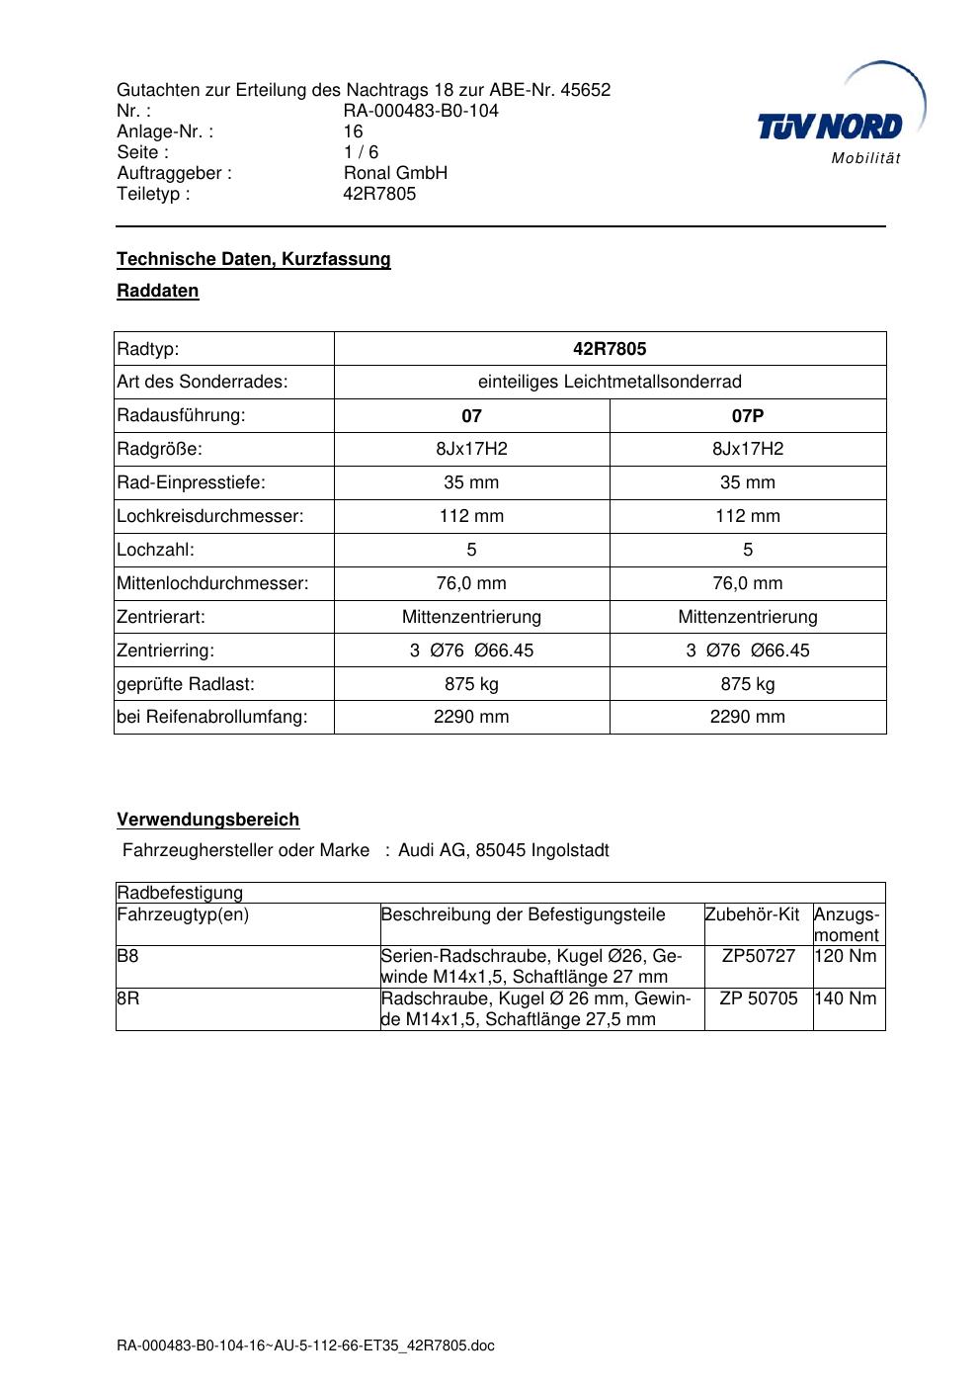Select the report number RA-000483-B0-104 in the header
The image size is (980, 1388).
click(421, 111)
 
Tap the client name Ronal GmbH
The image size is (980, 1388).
click(395, 173)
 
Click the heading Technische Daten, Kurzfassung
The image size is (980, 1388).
click(254, 259)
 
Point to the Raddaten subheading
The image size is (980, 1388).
click(158, 291)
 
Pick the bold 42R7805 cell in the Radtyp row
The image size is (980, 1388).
click(610, 349)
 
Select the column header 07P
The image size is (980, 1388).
click(748, 416)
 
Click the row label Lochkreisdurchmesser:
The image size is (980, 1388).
click(210, 516)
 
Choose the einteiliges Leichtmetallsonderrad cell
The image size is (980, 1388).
click(610, 383)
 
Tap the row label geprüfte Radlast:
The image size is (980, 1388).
click(186, 684)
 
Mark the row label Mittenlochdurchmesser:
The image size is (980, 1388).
click(212, 583)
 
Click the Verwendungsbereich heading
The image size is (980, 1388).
click(208, 820)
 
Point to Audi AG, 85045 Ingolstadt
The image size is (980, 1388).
click(504, 850)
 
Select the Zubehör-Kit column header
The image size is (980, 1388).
click(752, 914)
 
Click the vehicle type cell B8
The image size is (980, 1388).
click(127, 956)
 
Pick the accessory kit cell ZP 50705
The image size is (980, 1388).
click(758, 998)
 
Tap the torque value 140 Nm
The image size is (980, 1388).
click(846, 998)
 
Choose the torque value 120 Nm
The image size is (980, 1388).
click(846, 956)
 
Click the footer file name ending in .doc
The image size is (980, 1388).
click(305, 1345)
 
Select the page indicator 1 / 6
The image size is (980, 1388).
click(361, 152)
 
